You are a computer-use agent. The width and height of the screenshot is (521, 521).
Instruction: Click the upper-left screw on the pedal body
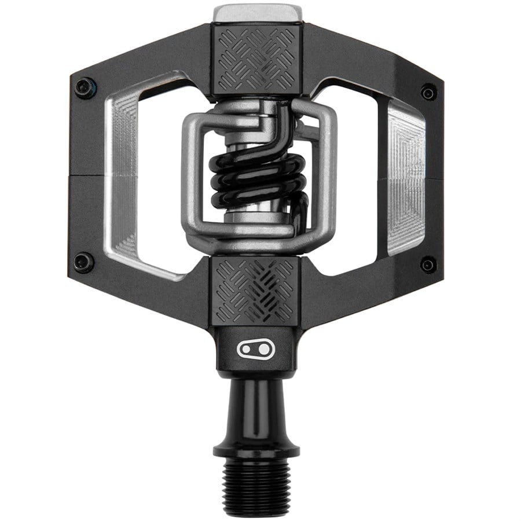pos(85,87)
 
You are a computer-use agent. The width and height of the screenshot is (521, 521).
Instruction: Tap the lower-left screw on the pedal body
pos(84,262)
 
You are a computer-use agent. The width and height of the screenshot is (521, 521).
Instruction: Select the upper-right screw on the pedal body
pos(428,91)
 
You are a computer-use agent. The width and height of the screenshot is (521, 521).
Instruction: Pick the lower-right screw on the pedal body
pos(428,265)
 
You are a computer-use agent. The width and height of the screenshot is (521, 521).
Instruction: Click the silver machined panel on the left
pos(125,174)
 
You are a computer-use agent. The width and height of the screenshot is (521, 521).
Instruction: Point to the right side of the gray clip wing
pos(328,174)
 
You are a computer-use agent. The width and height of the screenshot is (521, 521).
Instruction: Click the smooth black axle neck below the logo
pos(256,405)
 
